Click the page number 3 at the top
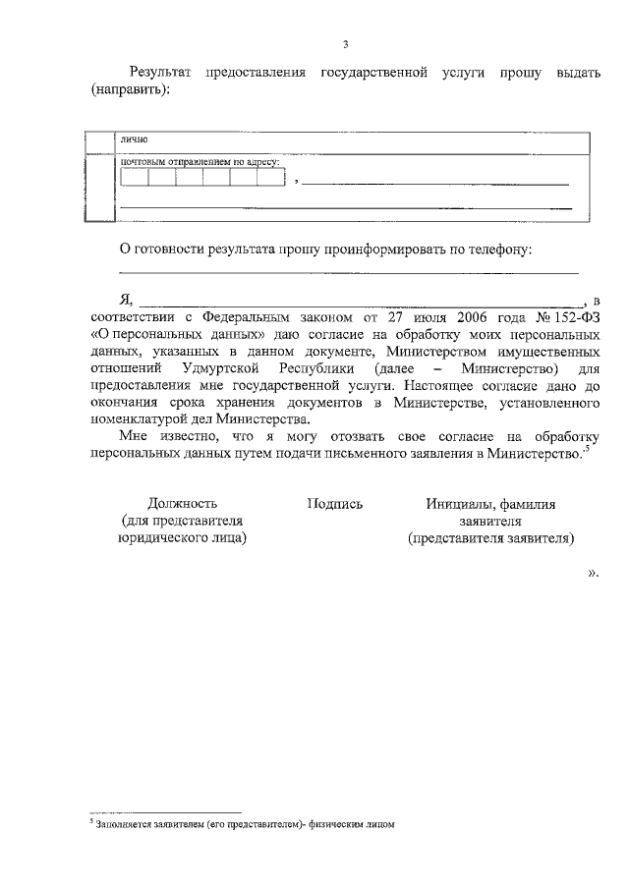pos(344,43)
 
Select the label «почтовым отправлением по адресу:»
pos(200,161)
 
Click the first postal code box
pos(134,178)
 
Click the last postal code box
pos(270,178)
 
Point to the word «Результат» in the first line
pos(161,73)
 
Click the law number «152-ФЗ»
pos(573,317)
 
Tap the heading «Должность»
pos(182,504)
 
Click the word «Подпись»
pos(335,504)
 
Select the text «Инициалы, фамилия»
pos(490,504)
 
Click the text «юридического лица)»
pos(182,537)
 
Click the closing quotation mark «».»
pos(593,571)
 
